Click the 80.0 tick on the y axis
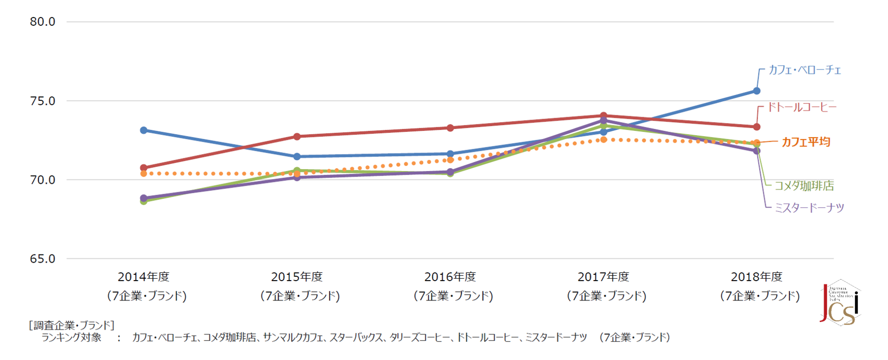tap(43, 22)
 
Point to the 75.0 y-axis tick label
tap(43, 101)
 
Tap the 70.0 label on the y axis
tap(43, 180)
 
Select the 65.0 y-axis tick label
tap(43, 259)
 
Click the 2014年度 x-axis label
tap(144, 277)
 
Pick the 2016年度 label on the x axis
tap(450, 277)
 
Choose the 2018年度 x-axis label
tap(757, 277)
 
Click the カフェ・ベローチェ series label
tap(805, 70)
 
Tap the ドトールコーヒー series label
tap(802, 107)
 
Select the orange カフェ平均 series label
tap(806, 142)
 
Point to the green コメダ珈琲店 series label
tap(804, 186)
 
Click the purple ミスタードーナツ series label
tap(810, 208)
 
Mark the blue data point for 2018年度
tap(757, 91)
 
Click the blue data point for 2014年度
tap(144, 130)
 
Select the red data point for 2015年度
tap(297, 137)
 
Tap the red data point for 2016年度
tap(450, 128)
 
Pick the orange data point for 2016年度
tap(450, 160)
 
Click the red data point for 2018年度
tap(757, 127)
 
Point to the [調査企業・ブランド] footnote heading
tap(72, 325)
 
